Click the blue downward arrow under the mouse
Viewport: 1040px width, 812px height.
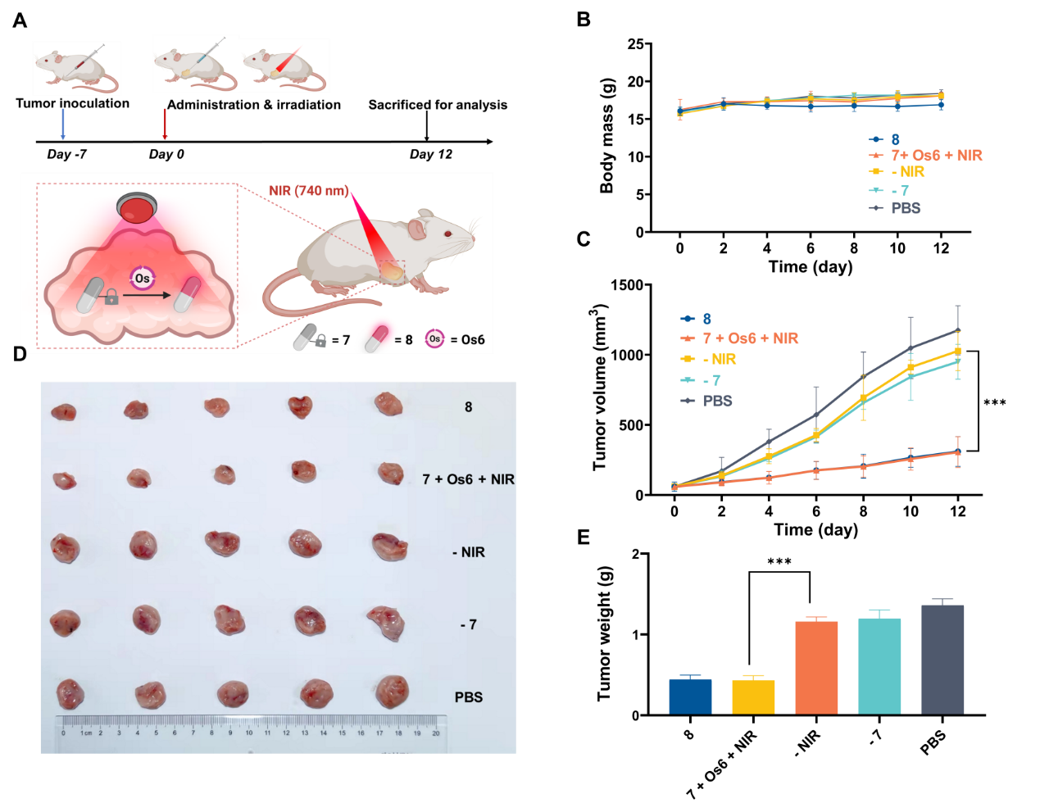(x=62, y=124)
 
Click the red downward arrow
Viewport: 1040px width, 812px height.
(x=165, y=124)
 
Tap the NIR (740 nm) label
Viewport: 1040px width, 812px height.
(x=308, y=191)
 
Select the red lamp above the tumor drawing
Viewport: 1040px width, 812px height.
(x=136, y=208)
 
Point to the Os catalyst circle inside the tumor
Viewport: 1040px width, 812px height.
(x=142, y=279)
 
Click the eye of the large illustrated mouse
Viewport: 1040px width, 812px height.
(x=447, y=234)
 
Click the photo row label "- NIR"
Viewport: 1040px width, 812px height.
(x=468, y=552)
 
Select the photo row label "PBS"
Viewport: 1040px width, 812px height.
(x=468, y=697)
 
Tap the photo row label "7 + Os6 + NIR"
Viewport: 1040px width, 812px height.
(x=468, y=479)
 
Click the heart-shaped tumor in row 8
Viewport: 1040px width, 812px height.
(x=301, y=406)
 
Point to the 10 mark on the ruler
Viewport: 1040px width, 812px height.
(x=249, y=733)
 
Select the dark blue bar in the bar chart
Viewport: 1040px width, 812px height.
(x=690, y=696)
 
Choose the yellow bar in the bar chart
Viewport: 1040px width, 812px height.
(x=753, y=696)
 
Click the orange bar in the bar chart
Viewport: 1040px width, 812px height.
(x=816, y=667)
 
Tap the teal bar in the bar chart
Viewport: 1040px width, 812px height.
(x=879, y=665)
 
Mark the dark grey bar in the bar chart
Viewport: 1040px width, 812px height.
(x=942, y=659)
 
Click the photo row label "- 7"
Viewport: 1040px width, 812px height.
(x=468, y=624)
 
